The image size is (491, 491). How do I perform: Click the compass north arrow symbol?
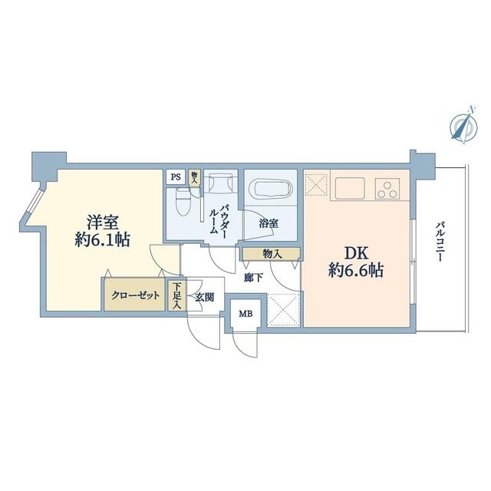(x=463, y=125)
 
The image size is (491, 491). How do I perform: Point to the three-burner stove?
(x=388, y=189)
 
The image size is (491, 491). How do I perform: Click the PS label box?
(x=176, y=177)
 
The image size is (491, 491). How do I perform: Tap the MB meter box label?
(x=245, y=314)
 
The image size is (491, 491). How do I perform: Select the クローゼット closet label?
(x=135, y=295)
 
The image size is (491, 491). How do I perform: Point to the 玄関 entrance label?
(x=205, y=297)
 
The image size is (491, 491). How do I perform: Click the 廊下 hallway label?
(x=253, y=278)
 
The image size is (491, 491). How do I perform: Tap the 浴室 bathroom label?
(x=269, y=223)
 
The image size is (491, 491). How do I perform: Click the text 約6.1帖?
(x=102, y=240)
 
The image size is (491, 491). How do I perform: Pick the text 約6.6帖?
(x=356, y=270)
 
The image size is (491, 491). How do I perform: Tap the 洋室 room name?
(x=102, y=222)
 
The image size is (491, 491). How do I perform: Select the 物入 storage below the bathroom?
(x=271, y=254)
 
